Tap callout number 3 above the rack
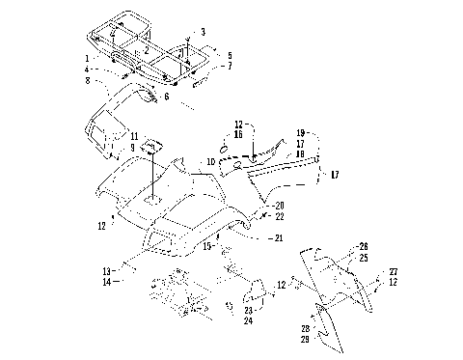tap(203, 33)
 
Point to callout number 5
tap(230, 55)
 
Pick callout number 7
tap(230, 66)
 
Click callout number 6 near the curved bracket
tap(166, 97)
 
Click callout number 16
tap(238, 136)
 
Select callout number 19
tap(301, 132)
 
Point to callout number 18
tap(301, 153)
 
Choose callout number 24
tap(250, 321)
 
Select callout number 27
tap(393, 272)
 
